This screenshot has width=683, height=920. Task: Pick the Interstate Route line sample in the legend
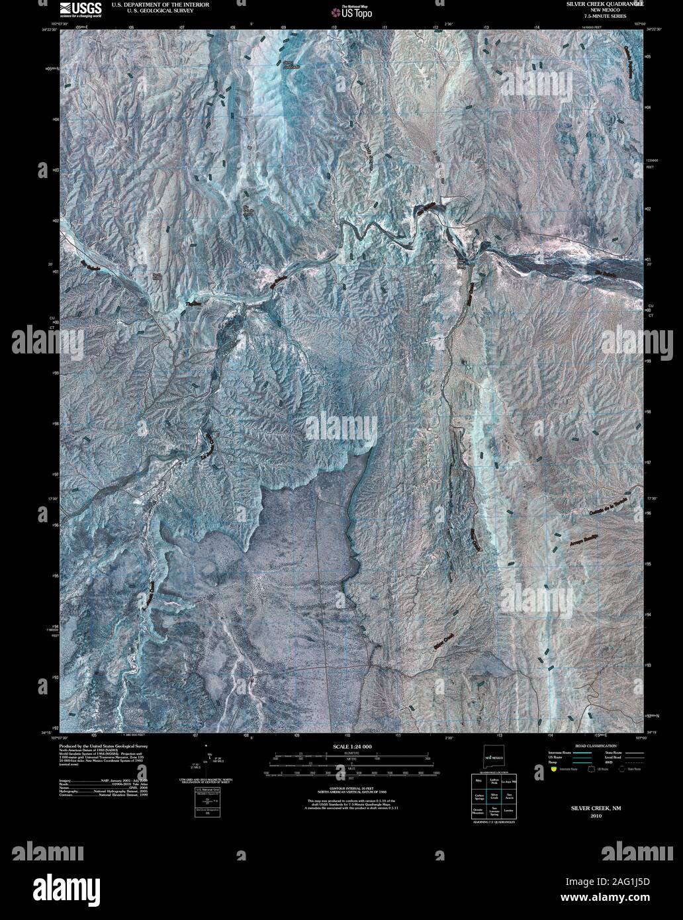582,753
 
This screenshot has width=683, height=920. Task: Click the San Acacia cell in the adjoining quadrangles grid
508,795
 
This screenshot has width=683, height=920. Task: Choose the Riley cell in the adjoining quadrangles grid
478,782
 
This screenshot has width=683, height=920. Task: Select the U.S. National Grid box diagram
208,800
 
